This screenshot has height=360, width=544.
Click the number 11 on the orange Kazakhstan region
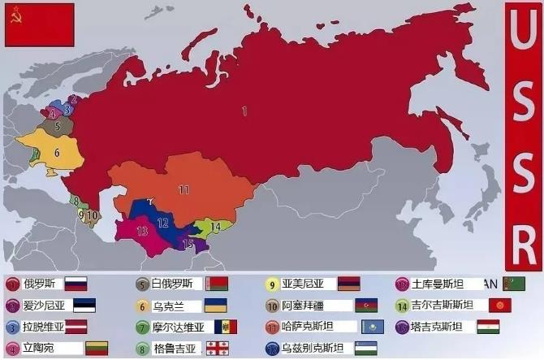pyautogui.click(x=183, y=189)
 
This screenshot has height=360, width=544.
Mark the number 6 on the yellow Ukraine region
pyautogui.click(x=57, y=152)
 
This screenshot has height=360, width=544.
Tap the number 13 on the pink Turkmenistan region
pyautogui.click(x=142, y=232)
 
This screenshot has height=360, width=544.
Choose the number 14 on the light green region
pyautogui.click(x=215, y=226)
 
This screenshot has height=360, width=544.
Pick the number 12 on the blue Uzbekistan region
pyautogui.click(x=162, y=222)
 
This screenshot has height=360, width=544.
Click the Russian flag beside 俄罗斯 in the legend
pyautogui.click(x=76, y=284)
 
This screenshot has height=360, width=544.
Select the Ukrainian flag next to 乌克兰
pyautogui.click(x=214, y=306)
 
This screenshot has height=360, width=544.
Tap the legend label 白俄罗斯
pyautogui.click(x=171, y=284)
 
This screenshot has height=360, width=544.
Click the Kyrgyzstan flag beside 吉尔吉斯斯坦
pyautogui.click(x=499, y=306)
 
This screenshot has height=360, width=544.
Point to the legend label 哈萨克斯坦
pyautogui.click(x=313, y=327)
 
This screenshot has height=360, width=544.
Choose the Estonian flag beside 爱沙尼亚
pyautogui.click(x=84, y=306)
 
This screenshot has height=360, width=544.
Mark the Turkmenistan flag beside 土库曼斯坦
pyautogui.click(x=514, y=284)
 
